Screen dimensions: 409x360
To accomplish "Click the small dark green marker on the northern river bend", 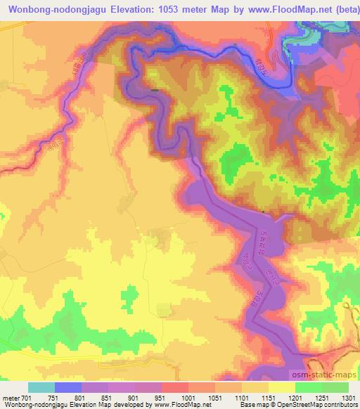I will point(155,89).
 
